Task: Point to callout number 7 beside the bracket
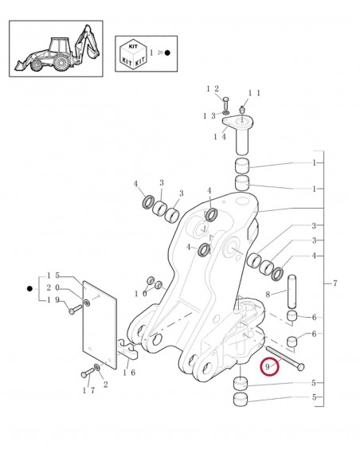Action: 336,283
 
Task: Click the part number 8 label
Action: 268,294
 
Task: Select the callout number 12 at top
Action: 213,88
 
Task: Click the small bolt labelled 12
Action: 226,104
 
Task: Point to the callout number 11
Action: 254,92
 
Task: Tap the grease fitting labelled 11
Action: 243,107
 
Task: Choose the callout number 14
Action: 219,136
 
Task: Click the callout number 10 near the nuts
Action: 141,293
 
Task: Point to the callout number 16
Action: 128,372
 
